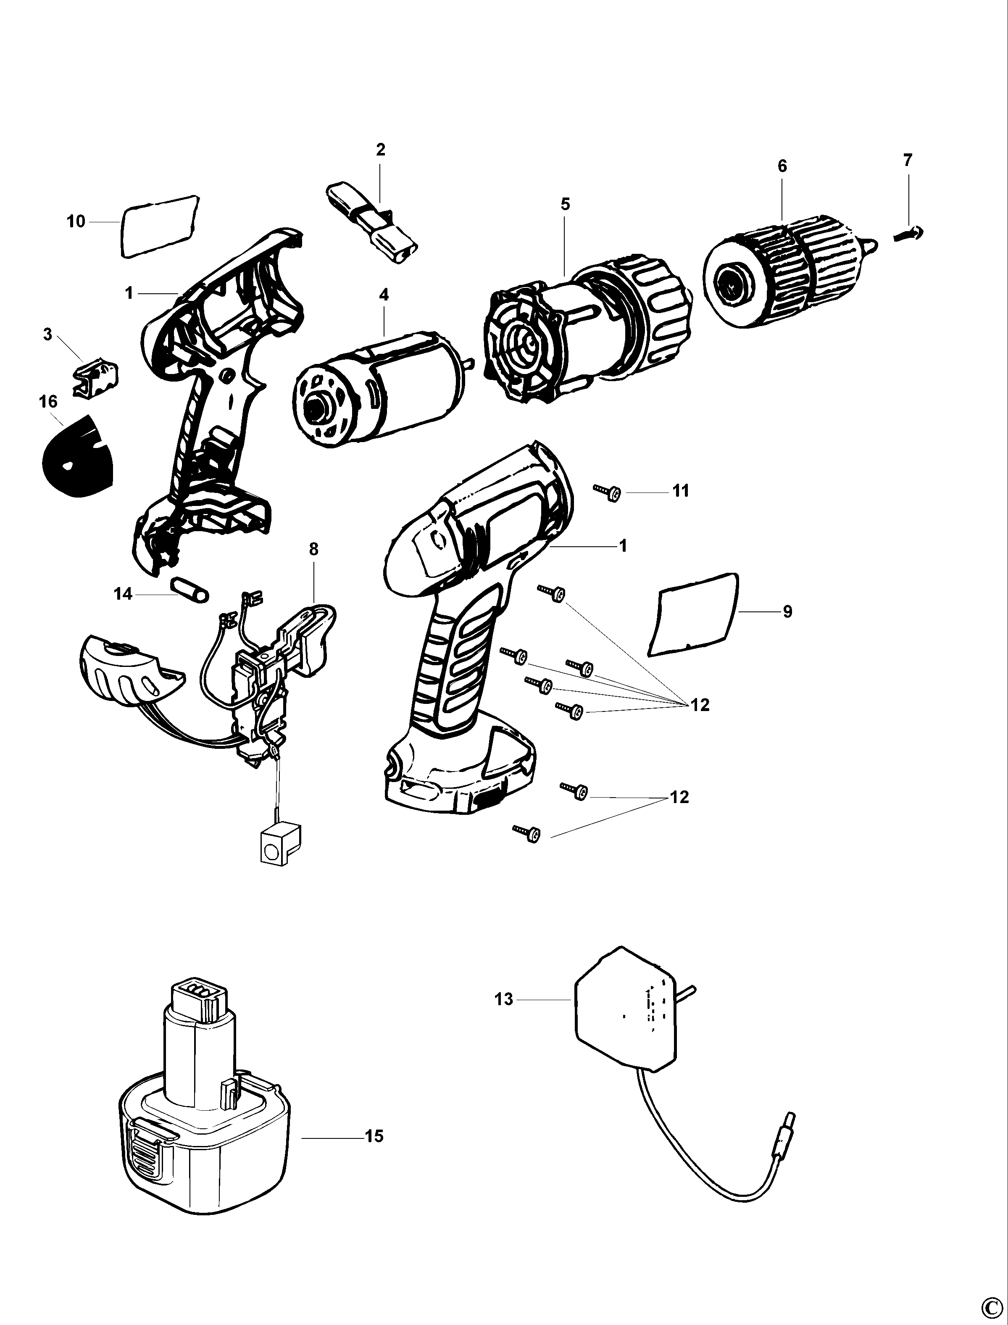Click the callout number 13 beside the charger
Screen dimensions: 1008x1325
pyautogui.click(x=504, y=999)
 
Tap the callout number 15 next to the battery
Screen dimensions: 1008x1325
pyautogui.click(x=374, y=1136)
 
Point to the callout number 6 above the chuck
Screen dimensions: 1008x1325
pyautogui.click(x=782, y=166)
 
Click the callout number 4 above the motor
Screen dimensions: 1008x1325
pyautogui.click(x=384, y=294)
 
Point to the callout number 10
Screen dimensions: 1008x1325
pyautogui.click(x=76, y=221)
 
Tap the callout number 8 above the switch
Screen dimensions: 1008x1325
pyautogui.click(x=314, y=549)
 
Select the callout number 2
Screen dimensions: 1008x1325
pyautogui.click(x=380, y=150)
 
